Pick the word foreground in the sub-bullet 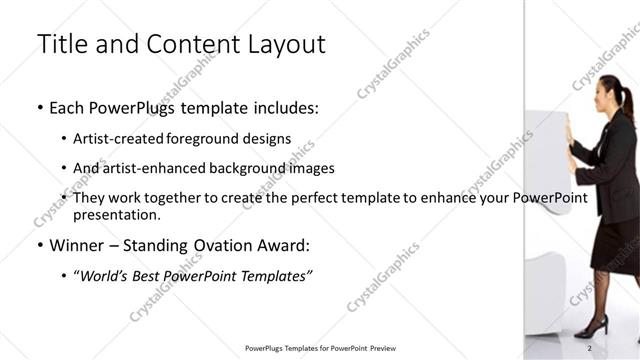point(206,139)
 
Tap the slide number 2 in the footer point(590,347)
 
